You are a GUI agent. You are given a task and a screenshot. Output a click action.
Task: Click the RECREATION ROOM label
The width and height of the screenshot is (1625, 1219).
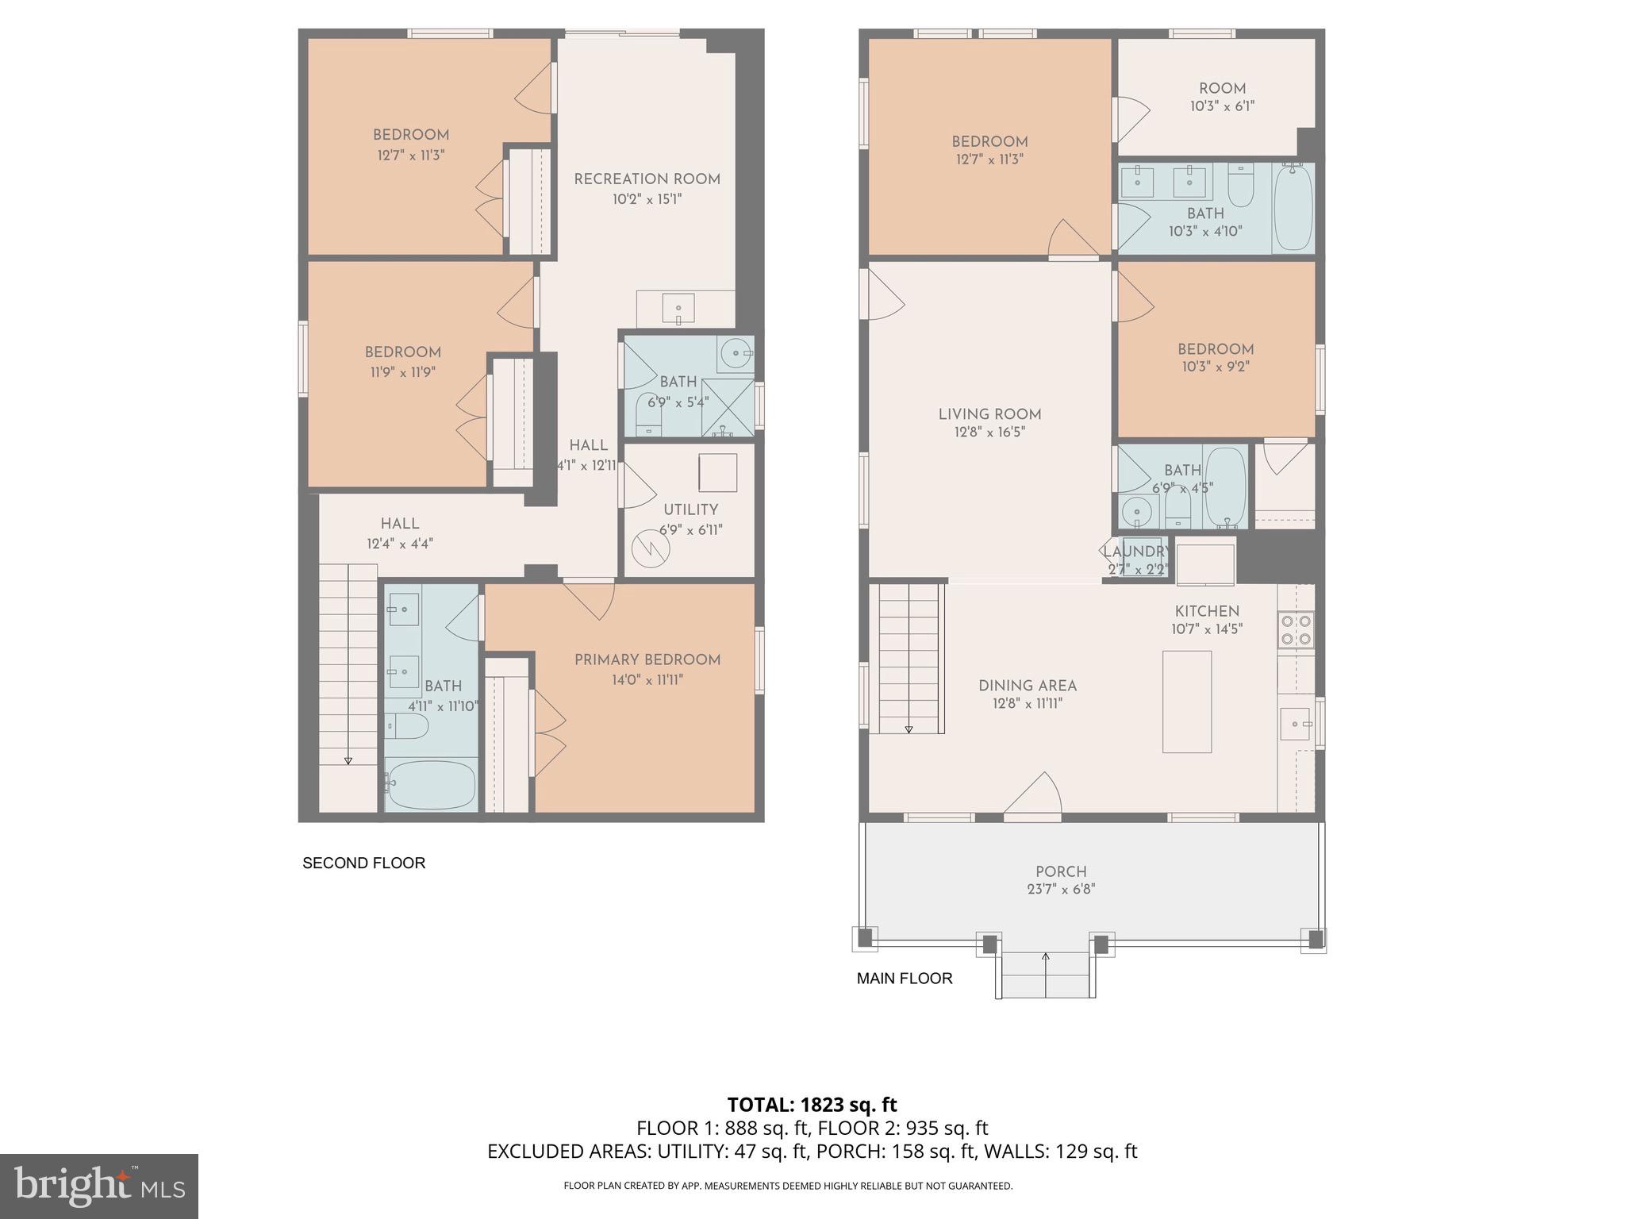[647, 179]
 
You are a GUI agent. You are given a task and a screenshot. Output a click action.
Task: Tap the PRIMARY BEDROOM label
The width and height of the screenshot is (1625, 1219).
[647, 659]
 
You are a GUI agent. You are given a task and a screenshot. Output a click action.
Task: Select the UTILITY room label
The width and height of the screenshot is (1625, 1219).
[690, 510]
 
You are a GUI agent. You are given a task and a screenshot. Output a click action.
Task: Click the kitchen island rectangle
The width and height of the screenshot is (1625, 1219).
[1186, 702]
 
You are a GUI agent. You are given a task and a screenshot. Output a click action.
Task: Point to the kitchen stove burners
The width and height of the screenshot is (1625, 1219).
[1296, 629]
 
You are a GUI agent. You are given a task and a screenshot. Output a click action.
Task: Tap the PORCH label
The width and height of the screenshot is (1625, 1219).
[1060, 871]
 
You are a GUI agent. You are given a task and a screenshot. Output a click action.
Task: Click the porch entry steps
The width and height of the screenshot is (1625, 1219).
[1045, 975]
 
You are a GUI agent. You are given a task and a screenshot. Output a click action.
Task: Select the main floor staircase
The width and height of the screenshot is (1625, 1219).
[909, 659]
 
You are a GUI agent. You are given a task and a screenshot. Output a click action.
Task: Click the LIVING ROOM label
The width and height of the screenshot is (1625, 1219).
[989, 414]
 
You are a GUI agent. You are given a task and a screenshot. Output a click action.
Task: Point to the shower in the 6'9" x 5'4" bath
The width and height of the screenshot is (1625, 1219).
[728, 407]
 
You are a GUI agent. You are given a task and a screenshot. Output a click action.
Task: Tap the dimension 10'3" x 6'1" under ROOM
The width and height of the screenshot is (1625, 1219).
[1222, 106]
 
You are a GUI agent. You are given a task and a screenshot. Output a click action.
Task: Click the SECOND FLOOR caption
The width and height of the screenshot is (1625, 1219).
[363, 863]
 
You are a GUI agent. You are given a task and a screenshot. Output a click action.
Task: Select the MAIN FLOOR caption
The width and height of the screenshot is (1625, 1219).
[904, 979]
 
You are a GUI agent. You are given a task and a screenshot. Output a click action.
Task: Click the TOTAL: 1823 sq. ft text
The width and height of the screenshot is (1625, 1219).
[812, 1104]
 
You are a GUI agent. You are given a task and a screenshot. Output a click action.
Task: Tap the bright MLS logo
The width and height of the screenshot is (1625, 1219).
[99, 1186]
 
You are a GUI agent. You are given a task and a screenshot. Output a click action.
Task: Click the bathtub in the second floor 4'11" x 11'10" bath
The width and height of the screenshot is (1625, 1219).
[431, 784]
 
